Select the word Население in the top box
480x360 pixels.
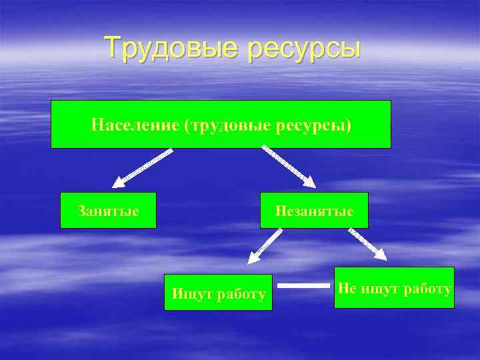pos(135,125)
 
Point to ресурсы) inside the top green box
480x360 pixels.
pos(319,125)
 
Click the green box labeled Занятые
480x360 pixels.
pos(108,211)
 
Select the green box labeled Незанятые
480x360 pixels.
pos(314,211)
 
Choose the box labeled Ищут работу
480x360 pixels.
pos(218,292)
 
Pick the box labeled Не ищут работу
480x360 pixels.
pos(394,287)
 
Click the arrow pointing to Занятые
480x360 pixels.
pos(142,167)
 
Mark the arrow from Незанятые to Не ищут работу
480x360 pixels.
pos(368,244)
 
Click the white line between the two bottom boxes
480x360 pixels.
pos(303,286)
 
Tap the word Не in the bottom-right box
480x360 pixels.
pos(347,288)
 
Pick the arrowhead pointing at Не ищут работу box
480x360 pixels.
pos(381,254)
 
